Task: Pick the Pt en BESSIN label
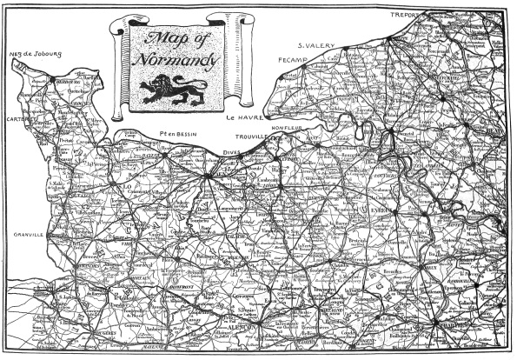click(181, 133)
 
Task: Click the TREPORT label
click(404, 15)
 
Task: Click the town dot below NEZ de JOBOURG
click(58, 81)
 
